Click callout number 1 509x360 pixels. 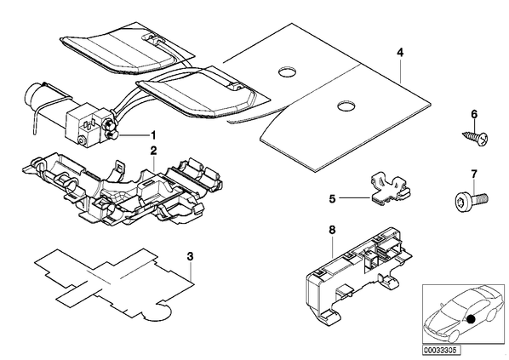(152, 134)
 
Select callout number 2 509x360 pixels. (153, 151)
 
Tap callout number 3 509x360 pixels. (190, 256)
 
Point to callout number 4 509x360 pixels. (400, 53)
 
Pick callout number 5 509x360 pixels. (332, 198)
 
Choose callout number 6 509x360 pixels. (474, 114)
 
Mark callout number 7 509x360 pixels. (474, 174)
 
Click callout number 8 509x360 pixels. (332, 230)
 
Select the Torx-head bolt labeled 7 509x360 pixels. (471, 200)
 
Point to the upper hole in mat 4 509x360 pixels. (289, 72)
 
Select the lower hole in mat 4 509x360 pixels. (346, 106)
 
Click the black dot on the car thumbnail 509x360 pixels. (471, 320)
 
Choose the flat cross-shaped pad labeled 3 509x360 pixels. (114, 285)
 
